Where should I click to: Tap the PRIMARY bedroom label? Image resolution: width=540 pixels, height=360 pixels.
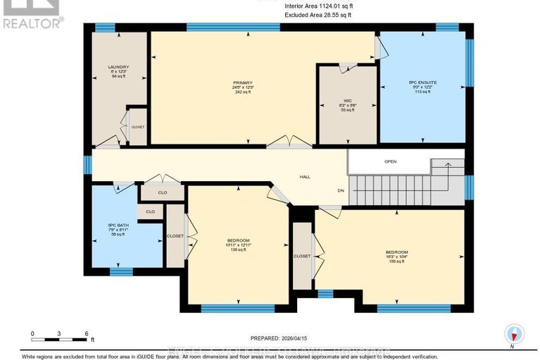(242, 82)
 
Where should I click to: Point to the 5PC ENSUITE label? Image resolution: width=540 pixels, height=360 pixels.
(422, 82)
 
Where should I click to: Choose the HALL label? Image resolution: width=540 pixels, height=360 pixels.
(304, 177)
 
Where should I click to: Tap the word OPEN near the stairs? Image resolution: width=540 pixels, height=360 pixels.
(390, 161)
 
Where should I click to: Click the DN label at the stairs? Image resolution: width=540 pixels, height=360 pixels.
(340, 190)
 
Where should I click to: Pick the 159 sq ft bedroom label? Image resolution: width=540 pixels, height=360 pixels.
(396, 252)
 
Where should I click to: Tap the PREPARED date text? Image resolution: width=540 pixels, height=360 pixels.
(280, 337)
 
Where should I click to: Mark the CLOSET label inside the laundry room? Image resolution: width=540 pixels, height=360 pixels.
(138, 127)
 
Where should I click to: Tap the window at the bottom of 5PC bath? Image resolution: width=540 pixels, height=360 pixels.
(121, 272)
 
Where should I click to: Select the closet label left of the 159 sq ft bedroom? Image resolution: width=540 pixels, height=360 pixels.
(302, 256)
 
